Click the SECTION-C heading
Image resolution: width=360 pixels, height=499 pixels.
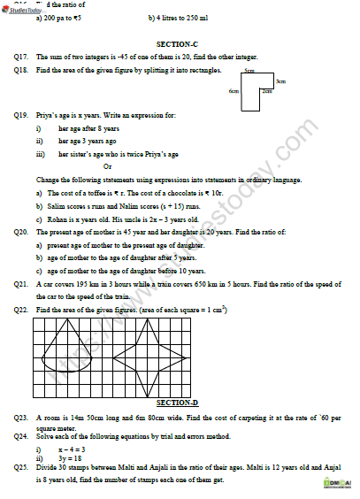pyautogui.click(x=180, y=42)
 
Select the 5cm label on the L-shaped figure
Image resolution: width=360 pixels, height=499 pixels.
pyautogui.click(x=250, y=69)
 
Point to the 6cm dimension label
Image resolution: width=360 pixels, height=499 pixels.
pyautogui.click(x=234, y=91)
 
